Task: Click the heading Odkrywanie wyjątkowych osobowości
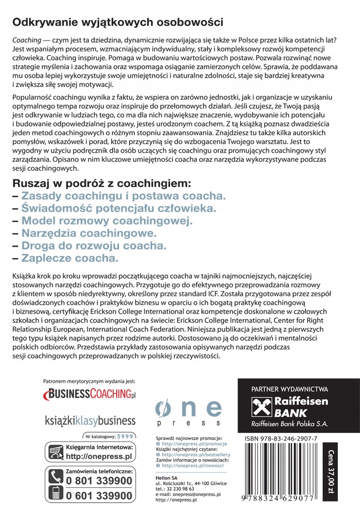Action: pos(117,22)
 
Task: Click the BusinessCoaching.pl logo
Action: pos(91,394)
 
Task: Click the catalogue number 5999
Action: pos(125,436)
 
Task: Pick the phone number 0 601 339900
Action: pos(99,496)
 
